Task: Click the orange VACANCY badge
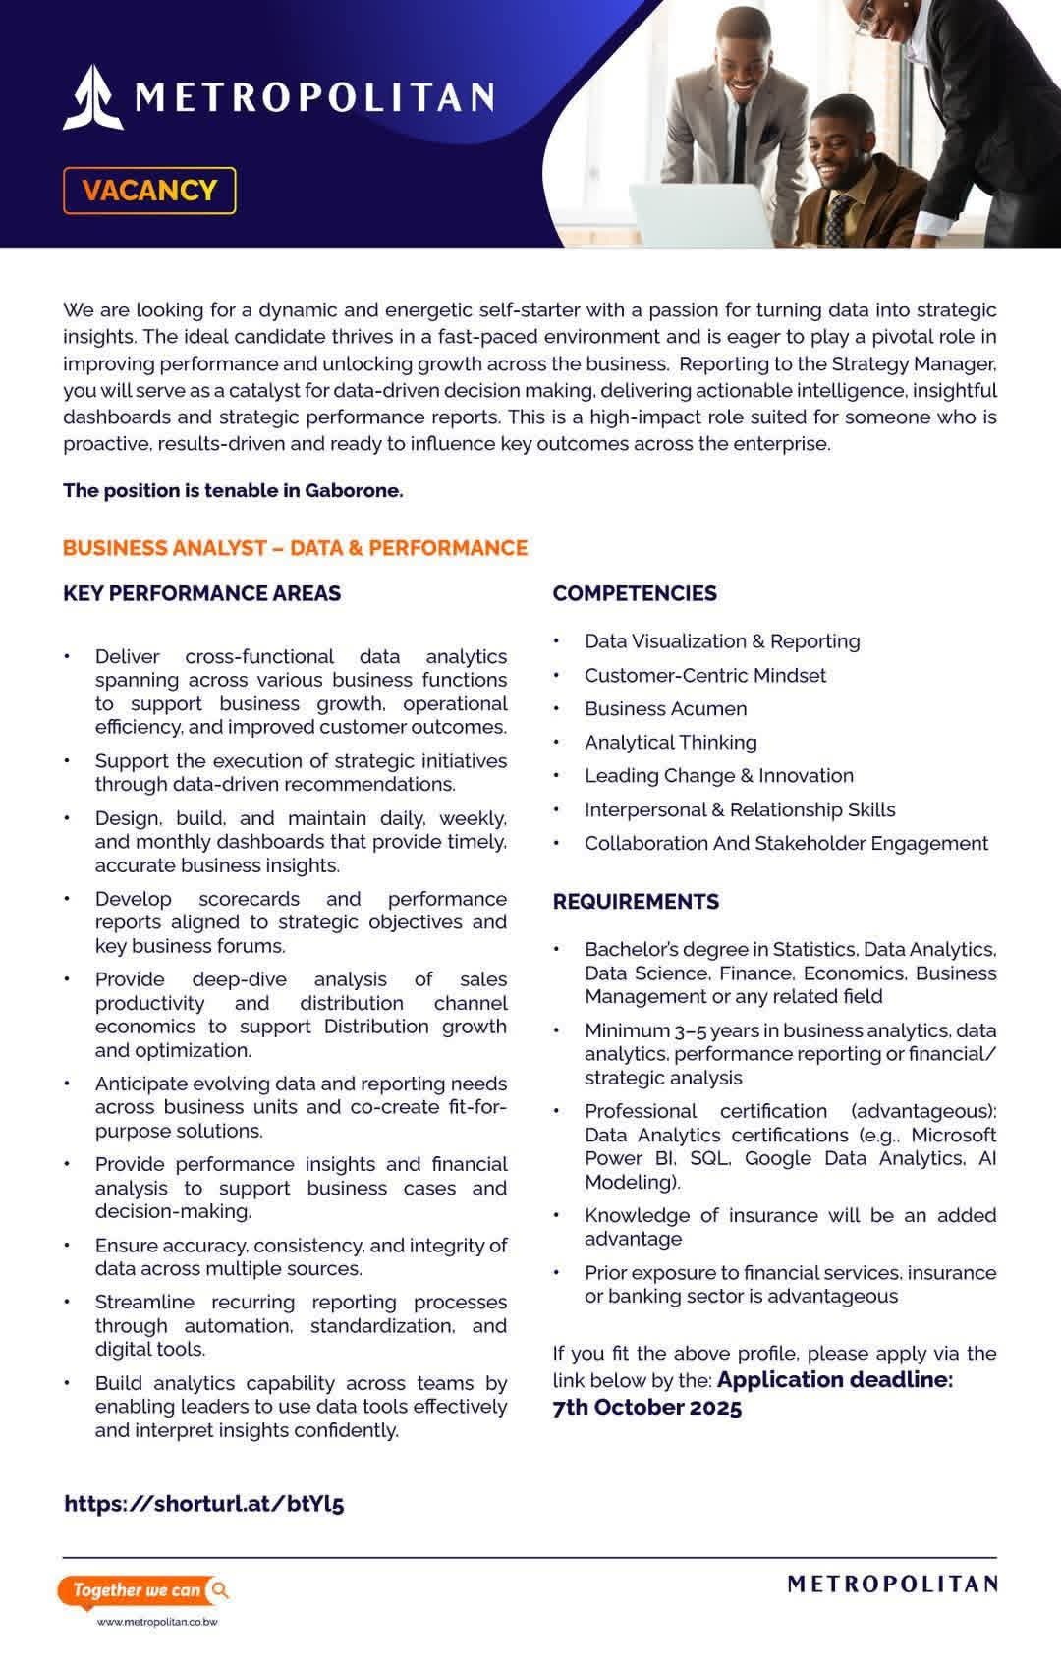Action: click(x=149, y=191)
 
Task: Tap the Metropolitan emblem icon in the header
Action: click(x=92, y=97)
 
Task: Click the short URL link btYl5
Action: click(x=204, y=1503)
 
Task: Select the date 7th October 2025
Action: click(x=647, y=1407)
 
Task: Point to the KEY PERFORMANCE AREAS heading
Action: click(x=202, y=593)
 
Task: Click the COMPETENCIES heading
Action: click(x=635, y=593)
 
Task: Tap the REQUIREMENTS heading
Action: click(x=636, y=901)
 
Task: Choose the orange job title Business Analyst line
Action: click(x=295, y=548)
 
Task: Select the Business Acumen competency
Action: click(x=665, y=708)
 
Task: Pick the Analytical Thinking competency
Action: click(x=670, y=742)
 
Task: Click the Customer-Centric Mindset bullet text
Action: click(x=704, y=675)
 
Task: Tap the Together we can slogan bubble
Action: click(x=143, y=1590)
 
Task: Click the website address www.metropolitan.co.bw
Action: click(x=157, y=1622)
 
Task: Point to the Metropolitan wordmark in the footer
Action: click(x=892, y=1584)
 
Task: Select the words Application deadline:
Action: click(x=835, y=1379)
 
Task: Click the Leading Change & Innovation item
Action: click(x=718, y=775)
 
